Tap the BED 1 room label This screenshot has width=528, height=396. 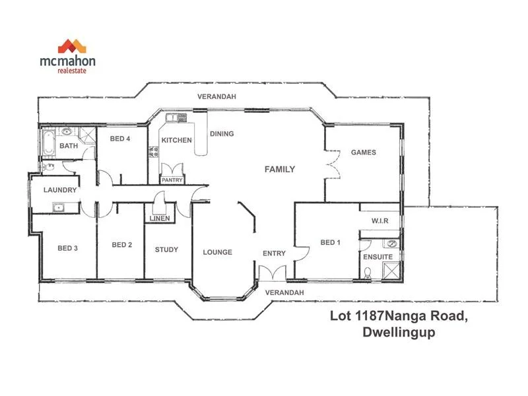(330, 243)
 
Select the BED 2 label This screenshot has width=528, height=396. (122, 245)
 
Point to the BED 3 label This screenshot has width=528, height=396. (67, 248)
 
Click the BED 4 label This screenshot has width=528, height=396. (119, 139)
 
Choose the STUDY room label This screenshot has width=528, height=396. (166, 249)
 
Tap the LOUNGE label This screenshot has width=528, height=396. (217, 252)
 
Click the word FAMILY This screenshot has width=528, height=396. (280, 170)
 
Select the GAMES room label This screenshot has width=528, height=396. (363, 152)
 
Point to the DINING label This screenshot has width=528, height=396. (222, 134)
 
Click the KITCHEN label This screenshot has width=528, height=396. (177, 140)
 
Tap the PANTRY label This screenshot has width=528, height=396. (172, 180)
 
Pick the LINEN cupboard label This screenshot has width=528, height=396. (160, 218)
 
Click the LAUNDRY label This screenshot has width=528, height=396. (60, 190)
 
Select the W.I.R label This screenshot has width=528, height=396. (380, 220)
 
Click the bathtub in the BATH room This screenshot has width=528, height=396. (49, 144)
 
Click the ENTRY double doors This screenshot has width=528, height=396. (273, 273)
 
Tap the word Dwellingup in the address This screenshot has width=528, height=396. (399, 333)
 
